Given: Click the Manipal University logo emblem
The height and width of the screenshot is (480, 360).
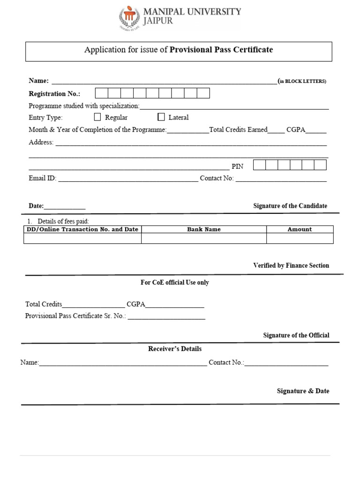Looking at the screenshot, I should pyautogui.click(x=129, y=17).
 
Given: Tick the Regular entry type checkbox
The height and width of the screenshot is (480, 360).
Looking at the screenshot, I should pyautogui.click(x=97, y=117).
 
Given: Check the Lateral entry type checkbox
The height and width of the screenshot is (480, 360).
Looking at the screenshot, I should pyautogui.click(x=161, y=117).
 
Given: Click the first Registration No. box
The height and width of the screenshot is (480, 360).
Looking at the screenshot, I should pyautogui.click(x=102, y=93).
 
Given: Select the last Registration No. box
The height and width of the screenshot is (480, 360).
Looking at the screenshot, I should pyautogui.click(x=203, y=93).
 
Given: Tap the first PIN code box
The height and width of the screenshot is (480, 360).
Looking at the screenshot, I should pyautogui.click(x=259, y=165).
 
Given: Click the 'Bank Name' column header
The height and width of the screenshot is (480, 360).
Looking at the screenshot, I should pyautogui.click(x=204, y=229).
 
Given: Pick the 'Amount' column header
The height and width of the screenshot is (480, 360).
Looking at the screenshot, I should pyautogui.click(x=300, y=229).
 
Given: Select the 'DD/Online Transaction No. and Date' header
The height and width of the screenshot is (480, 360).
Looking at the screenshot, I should pyautogui.click(x=82, y=229).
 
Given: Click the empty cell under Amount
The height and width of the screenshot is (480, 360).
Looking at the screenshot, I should pyautogui.click(x=300, y=238).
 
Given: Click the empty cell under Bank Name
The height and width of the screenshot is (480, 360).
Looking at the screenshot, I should pyautogui.click(x=204, y=238).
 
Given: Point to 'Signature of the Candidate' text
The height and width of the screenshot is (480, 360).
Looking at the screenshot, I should pyautogui.click(x=290, y=206).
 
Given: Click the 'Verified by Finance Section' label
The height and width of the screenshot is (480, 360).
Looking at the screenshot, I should pyautogui.click(x=291, y=265).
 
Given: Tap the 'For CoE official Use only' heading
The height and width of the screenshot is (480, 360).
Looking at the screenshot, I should pyautogui.click(x=175, y=283).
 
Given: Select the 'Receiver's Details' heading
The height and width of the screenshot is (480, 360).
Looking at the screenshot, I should pyautogui.click(x=175, y=349).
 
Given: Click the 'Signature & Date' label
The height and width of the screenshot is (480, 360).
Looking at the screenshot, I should pyautogui.click(x=303, y=391).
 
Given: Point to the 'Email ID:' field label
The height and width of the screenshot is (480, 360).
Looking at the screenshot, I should pyautogui.click(x=43, y=178).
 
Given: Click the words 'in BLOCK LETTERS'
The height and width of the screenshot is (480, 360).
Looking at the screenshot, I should pyautogui.click(x=303, y=81).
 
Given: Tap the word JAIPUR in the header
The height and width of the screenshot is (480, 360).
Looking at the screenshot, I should pyautogui.click(x=158, y=21).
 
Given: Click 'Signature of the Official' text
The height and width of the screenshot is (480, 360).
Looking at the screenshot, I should pyautogui.click(x=296, y=335).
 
